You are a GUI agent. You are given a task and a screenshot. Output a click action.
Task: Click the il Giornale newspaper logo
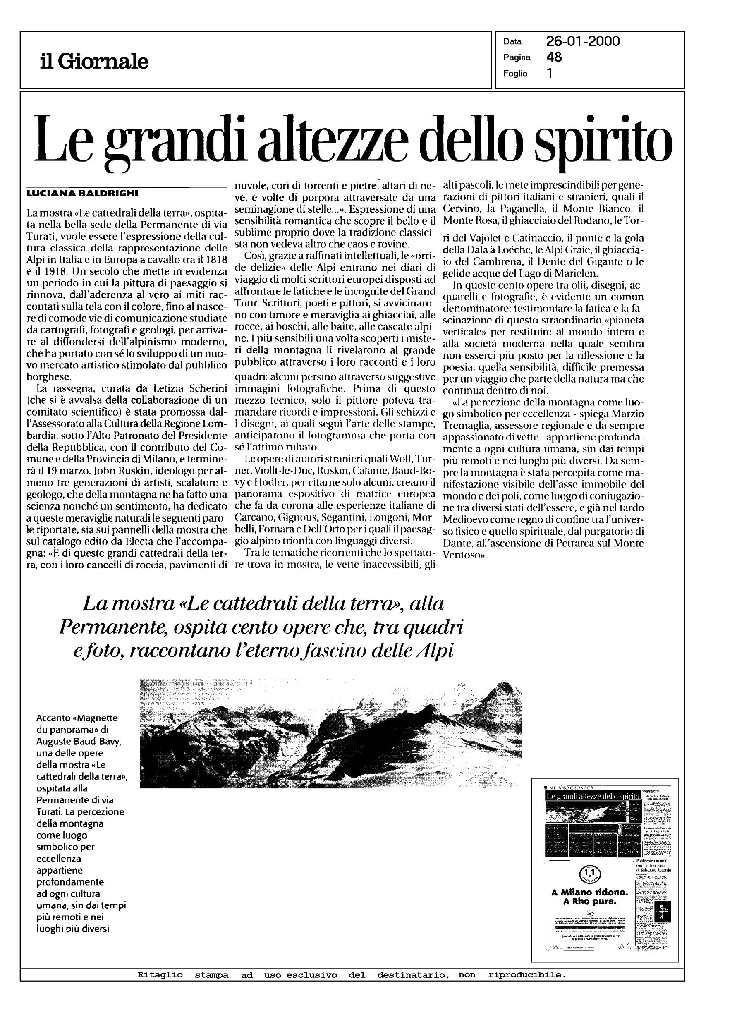coord(94,61)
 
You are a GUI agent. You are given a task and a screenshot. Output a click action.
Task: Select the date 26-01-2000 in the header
coord(583,42)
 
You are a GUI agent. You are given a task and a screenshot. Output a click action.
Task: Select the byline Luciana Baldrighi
coord(82,194)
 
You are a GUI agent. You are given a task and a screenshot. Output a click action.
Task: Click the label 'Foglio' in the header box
coord(515,74)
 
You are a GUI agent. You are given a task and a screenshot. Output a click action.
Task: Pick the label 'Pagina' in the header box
coord(517,57)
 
